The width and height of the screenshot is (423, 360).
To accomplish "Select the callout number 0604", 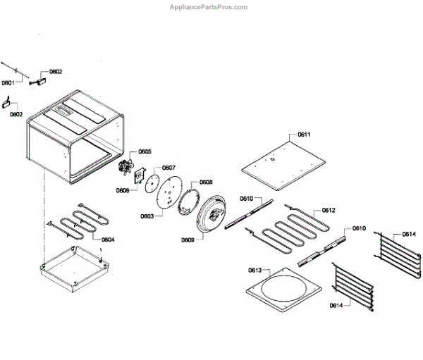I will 108,240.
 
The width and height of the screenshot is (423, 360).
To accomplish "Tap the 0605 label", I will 145,151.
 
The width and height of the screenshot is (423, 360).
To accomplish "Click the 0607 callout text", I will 169,168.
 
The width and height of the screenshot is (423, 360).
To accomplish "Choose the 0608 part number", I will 206,182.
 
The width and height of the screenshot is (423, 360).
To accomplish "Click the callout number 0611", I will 304,134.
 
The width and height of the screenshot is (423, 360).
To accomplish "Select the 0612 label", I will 329,210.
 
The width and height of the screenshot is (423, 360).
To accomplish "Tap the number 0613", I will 255,271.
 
